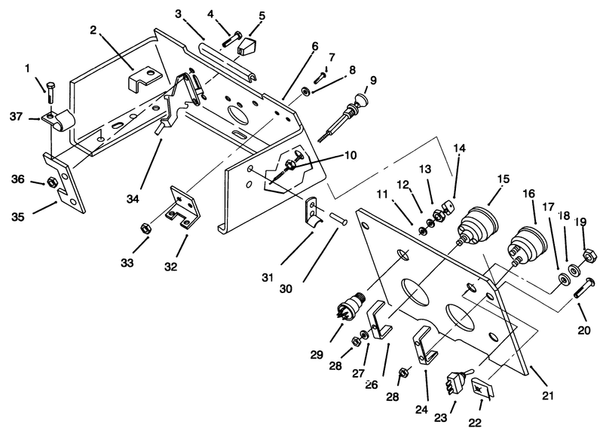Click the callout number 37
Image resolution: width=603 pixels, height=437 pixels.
tap(16, 116)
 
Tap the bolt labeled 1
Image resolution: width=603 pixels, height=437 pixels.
tap(51, 92)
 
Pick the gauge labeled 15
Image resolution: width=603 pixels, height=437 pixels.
tap(478, 225)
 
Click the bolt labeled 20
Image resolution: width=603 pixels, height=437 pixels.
tap(586, 287)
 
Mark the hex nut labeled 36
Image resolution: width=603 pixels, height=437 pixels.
tap(50, 182)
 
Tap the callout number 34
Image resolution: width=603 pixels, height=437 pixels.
tap(133, 198)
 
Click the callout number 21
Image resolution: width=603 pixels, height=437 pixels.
tap(547, 395)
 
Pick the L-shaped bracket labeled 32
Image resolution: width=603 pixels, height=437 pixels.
tap(184, 207)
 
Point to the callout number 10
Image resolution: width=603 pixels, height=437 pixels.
tap(350, 155)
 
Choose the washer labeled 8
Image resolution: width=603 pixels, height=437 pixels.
tap(307, 91)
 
